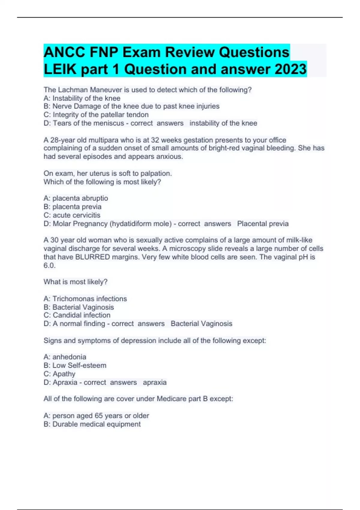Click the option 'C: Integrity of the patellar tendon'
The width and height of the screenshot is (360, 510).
96,115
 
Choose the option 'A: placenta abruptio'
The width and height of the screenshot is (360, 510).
76,198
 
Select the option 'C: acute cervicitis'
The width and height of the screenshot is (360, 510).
72,215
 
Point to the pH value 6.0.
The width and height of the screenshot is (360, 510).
49,265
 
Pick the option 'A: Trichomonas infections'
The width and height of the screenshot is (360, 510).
85,299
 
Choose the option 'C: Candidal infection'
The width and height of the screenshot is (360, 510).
77,315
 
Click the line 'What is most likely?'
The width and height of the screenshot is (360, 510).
76,282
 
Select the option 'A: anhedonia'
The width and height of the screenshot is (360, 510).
65,357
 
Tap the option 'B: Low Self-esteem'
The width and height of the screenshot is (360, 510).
75,365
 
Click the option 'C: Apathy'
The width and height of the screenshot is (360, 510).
59,374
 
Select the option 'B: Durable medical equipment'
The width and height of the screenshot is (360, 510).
92,424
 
